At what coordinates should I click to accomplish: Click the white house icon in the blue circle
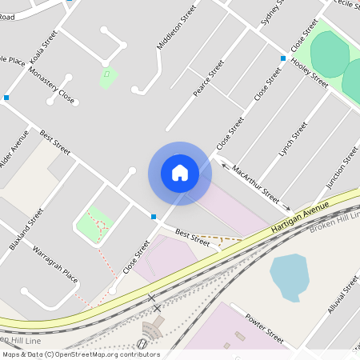coord(180,173)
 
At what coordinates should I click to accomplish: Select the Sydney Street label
coord(273,14)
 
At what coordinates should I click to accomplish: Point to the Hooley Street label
coord(310,72)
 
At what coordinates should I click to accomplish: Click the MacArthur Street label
coord(255,183)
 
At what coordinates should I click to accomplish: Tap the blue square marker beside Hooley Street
coord(282,58)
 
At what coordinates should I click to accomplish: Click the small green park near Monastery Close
coord(107,78)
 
